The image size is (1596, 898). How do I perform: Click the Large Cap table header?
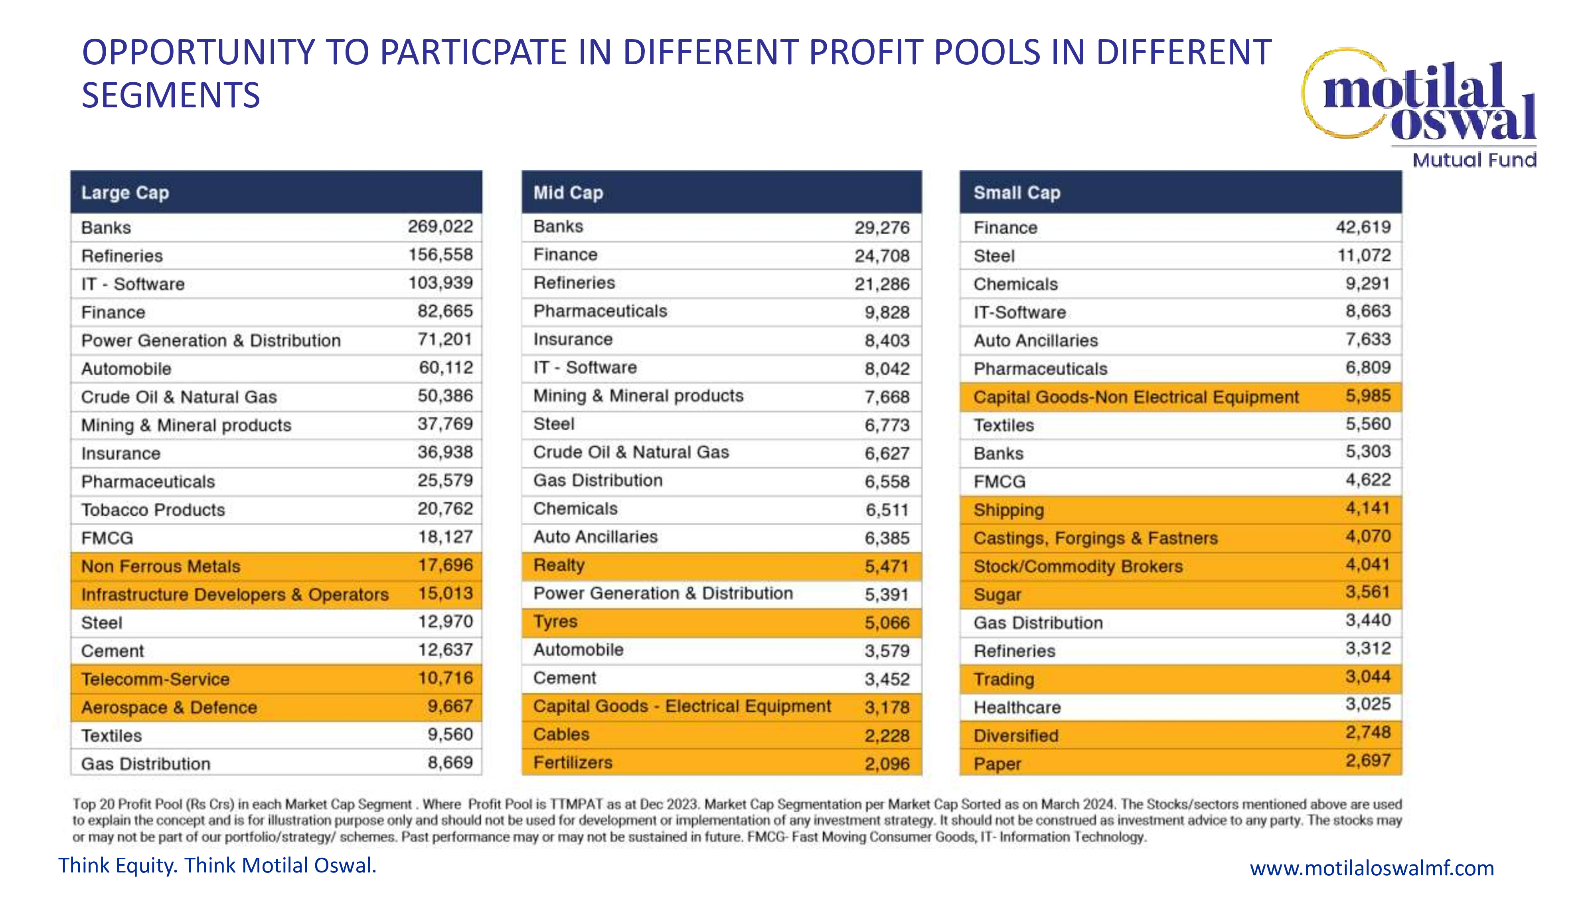click(125, 193)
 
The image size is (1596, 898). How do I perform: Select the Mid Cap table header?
click(568, 193)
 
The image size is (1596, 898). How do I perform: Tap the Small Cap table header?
click(1017, 193)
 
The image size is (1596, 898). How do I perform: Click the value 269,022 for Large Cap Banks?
click(440, 227)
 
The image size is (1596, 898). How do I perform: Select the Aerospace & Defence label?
click(169, 707)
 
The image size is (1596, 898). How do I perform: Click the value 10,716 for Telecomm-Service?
click(445, 678)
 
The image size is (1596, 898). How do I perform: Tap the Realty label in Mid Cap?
click(559, 565)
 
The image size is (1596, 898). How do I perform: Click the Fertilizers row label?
click(573, 762)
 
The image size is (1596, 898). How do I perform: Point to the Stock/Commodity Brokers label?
click(1078, 566)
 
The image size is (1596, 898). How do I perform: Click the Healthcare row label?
click(1017, 707)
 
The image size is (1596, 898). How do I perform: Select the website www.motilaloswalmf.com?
click(1372, 868)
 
